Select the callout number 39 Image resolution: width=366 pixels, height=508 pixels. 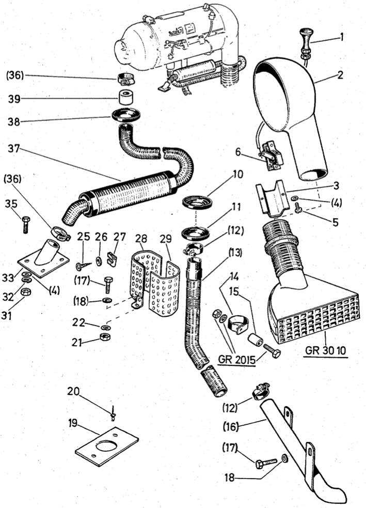(x=16, y=98)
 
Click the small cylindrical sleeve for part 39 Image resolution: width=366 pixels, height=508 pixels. (x=125, y=97)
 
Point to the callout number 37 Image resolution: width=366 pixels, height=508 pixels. (x=15, y=148)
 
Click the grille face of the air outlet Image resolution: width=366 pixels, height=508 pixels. (x=316, y=320)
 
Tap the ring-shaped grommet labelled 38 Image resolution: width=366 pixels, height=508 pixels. (x=126, y=114)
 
